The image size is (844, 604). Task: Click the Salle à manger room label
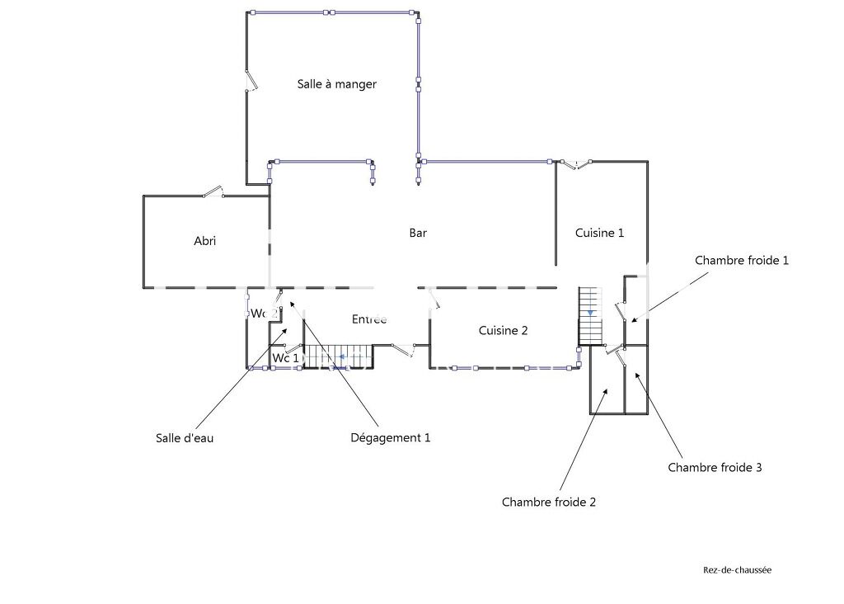tap(337, 84)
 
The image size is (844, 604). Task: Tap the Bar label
tap(418, 233)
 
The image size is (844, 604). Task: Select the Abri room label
tap(205, 241)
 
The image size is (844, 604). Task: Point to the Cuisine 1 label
tap(600, 233)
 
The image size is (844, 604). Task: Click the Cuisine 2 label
tap(504, 330)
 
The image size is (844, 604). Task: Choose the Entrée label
tap(369, 319)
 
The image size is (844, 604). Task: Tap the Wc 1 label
tap(285, 358)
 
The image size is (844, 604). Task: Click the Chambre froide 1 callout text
tap(742, 260)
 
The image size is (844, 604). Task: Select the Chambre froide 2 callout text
tap(548, 503)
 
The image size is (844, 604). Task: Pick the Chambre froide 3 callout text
tap(715, 467)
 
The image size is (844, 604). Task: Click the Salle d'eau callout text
tap(185, 438)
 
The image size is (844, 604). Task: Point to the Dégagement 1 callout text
tap(390, 437)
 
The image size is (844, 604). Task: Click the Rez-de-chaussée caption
tap(737, 570)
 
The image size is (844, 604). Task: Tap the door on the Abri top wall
tap(213, 191)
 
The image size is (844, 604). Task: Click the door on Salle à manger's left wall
tap(251, 80)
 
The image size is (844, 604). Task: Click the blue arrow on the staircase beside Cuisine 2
tap(590, 313)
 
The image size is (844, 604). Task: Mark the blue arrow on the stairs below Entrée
tap(341, 356)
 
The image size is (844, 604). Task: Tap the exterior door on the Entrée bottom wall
tap(403, 350)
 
